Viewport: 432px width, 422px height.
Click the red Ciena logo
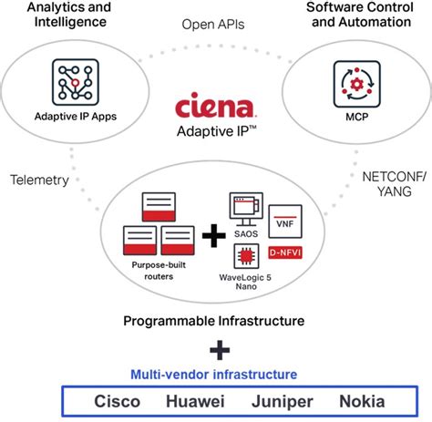pos(215,105)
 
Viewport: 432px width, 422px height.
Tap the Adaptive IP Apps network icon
pos(76,82)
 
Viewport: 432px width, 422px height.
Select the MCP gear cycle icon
pos(357,84)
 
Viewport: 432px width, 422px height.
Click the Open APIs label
pos(213,25)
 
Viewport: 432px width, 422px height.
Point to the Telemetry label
pos(39,180)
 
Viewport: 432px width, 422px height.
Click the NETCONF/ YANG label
pos(395,184)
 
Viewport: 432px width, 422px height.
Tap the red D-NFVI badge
pos(285,252)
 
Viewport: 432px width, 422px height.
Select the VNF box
pos(285,221)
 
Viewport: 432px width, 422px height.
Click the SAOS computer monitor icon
pos(246,210)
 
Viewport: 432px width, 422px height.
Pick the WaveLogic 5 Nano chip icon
pos(246,256)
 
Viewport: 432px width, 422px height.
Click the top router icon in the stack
pos(159,207)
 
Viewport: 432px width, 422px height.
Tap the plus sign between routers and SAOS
pos(214,236)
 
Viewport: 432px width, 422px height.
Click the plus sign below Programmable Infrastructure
pos(220,350)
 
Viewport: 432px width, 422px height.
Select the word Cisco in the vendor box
pos(117,401)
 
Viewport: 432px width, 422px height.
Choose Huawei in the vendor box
pos(195,401)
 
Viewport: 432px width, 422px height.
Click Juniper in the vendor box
pos(283,402)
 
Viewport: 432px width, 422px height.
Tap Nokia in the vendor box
pos(362,401)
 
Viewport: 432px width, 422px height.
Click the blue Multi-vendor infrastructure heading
pos(214,375)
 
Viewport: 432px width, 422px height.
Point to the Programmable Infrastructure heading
pos(214,321)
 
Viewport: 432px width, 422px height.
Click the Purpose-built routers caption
pos(159,271)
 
